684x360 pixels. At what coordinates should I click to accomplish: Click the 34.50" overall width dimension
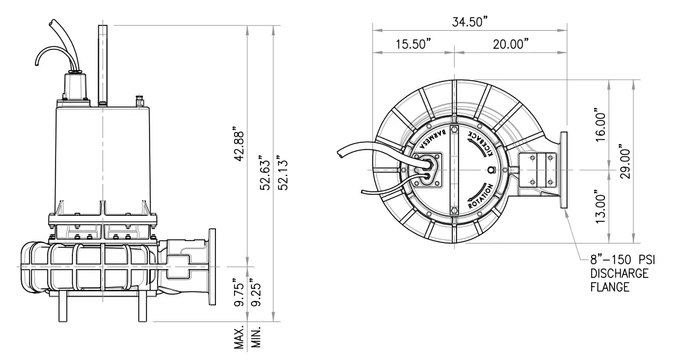[470, 22]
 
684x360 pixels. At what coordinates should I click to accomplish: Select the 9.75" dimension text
[239, 292]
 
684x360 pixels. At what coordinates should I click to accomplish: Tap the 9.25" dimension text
[258, 292]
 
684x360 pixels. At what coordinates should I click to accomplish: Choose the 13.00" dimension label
[600, 205]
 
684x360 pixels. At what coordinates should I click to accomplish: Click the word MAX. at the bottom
[239, 338]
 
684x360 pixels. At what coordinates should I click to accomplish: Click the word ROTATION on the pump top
[483, 197]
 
